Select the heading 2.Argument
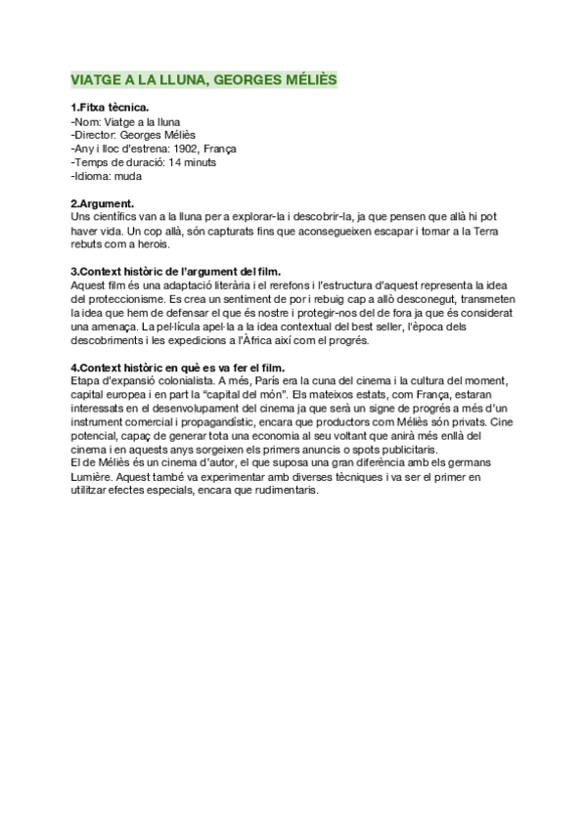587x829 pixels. pos(103,203)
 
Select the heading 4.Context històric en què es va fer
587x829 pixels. pos(177,367)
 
